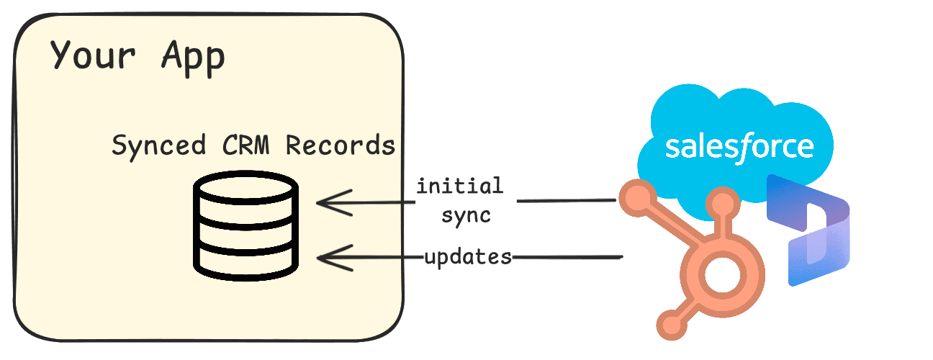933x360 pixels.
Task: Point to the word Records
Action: [341, 145]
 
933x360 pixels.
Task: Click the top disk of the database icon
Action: [245, 191]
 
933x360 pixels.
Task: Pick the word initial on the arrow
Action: [459, 186]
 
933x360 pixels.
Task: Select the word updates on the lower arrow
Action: [468, 256]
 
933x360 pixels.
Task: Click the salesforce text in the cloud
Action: [739, 146]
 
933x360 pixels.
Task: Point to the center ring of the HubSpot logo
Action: [717, 276]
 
